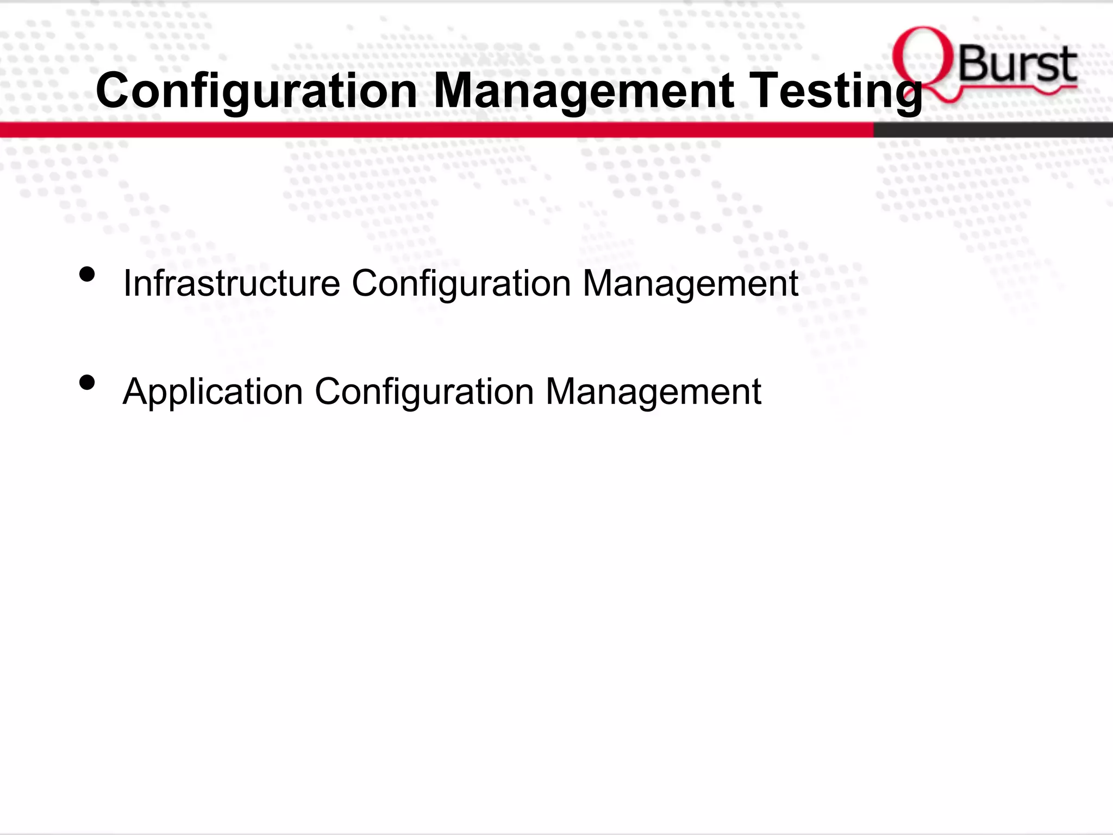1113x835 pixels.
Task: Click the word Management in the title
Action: tap(584, 91)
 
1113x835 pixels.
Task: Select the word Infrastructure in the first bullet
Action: tap(232, 283)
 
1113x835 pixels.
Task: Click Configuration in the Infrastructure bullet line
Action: tap(461, 283)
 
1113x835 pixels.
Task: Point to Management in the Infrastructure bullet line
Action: tap(690, 283)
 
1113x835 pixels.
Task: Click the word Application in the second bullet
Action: tap(212, 391)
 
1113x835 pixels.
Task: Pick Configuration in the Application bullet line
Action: tap(424, 391)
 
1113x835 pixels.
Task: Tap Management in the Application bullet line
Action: tap(653, 391)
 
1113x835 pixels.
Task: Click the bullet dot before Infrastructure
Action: tap(87, 275)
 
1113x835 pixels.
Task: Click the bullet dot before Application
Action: tap(87, 383)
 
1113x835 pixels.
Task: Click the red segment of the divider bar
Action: tap(435, 129)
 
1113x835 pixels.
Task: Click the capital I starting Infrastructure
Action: tap(127, 283)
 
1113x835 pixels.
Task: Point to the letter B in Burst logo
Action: tap(973, 65)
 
